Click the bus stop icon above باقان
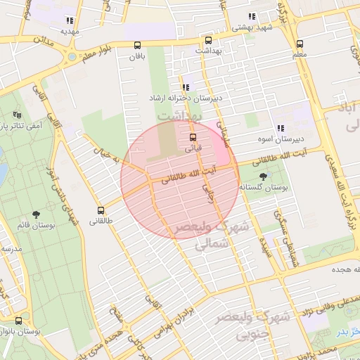(x=137, y=46)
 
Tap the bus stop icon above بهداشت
(x=207, y=40)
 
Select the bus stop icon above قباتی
(x=193, y=137)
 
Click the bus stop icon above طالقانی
(x=101, y=210)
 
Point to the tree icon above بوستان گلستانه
(x=264, y=176)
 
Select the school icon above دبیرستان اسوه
(x=280, y=128)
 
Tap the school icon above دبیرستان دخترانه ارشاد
(x=185, y=87)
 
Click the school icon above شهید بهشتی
(x=251, y=16)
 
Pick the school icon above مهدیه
(x=69, y=20)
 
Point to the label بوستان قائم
(x=33, y=226)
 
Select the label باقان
(x=137, y=57)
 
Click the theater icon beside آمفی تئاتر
(x=18, y=115)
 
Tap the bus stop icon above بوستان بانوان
(x=18, y=321)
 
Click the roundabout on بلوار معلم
(x=71, y=56)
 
